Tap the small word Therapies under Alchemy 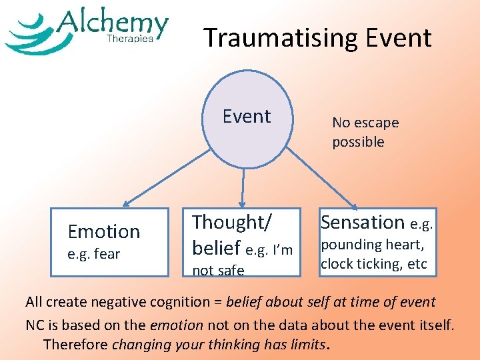[130, 39]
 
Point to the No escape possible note [365, 132]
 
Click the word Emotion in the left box [104, 231]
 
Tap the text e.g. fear [93, 254]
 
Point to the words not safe [218, 270]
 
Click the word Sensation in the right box [363, 222]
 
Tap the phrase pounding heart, [372, 245]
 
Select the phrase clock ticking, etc [373, 263]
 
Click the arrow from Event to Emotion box [163, 181]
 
